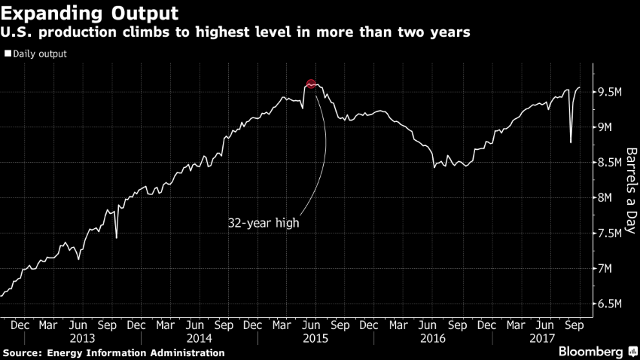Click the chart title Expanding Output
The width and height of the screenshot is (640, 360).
[x=90, y=13]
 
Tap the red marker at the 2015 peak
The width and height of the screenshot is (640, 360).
[x=311, y=84]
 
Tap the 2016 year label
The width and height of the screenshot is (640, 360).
[x=428, y=338]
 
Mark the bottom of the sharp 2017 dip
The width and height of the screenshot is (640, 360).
[x=571, y=142]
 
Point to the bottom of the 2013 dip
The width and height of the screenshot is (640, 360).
[x=116, y=238]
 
